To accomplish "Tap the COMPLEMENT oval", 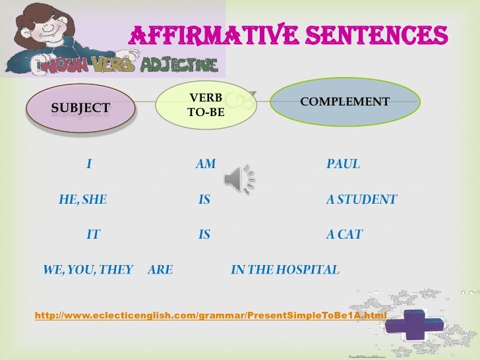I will (x=345, y=103).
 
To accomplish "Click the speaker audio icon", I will (x=239, y=177).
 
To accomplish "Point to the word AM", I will (x=206, y=164).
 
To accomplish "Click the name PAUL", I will (x=344, y=164).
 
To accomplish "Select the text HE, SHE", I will (x=82, y=199).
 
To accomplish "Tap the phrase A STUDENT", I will (x=361, y=199).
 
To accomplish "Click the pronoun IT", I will (x=93, y=234).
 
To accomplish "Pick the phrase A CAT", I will (x=344, y=234).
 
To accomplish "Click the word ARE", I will (x=160, y=270).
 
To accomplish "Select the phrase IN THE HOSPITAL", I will (x=285, y=270).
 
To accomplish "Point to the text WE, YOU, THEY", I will (x=88, y=270).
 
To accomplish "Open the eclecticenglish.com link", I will (x=210, y=316).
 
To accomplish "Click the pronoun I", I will (x=88, y=164).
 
